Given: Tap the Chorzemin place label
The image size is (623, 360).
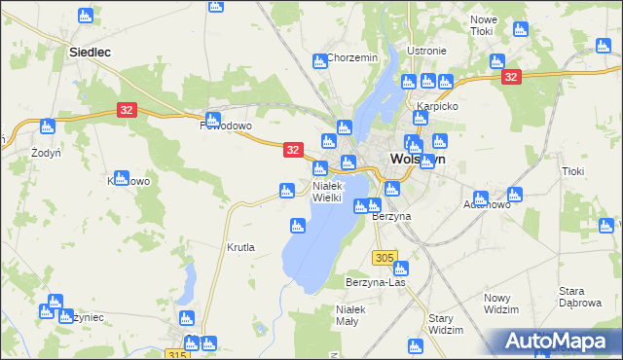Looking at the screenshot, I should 352,58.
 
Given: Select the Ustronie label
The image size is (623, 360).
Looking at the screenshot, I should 426,51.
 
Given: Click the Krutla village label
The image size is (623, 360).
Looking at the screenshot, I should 240,247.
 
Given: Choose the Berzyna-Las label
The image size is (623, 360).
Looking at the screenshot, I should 375,282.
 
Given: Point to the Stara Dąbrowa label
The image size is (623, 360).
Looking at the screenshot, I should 585,297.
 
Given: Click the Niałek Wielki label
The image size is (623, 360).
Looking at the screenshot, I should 328,192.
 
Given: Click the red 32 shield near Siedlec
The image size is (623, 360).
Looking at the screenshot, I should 127,111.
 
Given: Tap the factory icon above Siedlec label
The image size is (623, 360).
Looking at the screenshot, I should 85,16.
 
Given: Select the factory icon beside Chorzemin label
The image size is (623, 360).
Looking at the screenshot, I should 319,61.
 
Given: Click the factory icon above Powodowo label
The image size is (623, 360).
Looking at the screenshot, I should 212,119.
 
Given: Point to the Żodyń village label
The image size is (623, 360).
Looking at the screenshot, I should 45,154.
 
